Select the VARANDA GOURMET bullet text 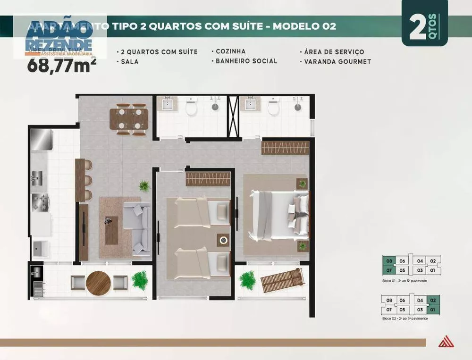337,61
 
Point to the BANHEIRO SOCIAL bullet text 246,61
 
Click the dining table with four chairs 129,119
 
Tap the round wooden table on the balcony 99,283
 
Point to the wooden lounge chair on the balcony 282,280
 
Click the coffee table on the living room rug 112,230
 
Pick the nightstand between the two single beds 223,240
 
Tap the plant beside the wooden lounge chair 247,280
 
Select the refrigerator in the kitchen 41,140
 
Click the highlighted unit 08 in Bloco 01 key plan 389,260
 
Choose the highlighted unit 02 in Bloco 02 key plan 433,300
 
